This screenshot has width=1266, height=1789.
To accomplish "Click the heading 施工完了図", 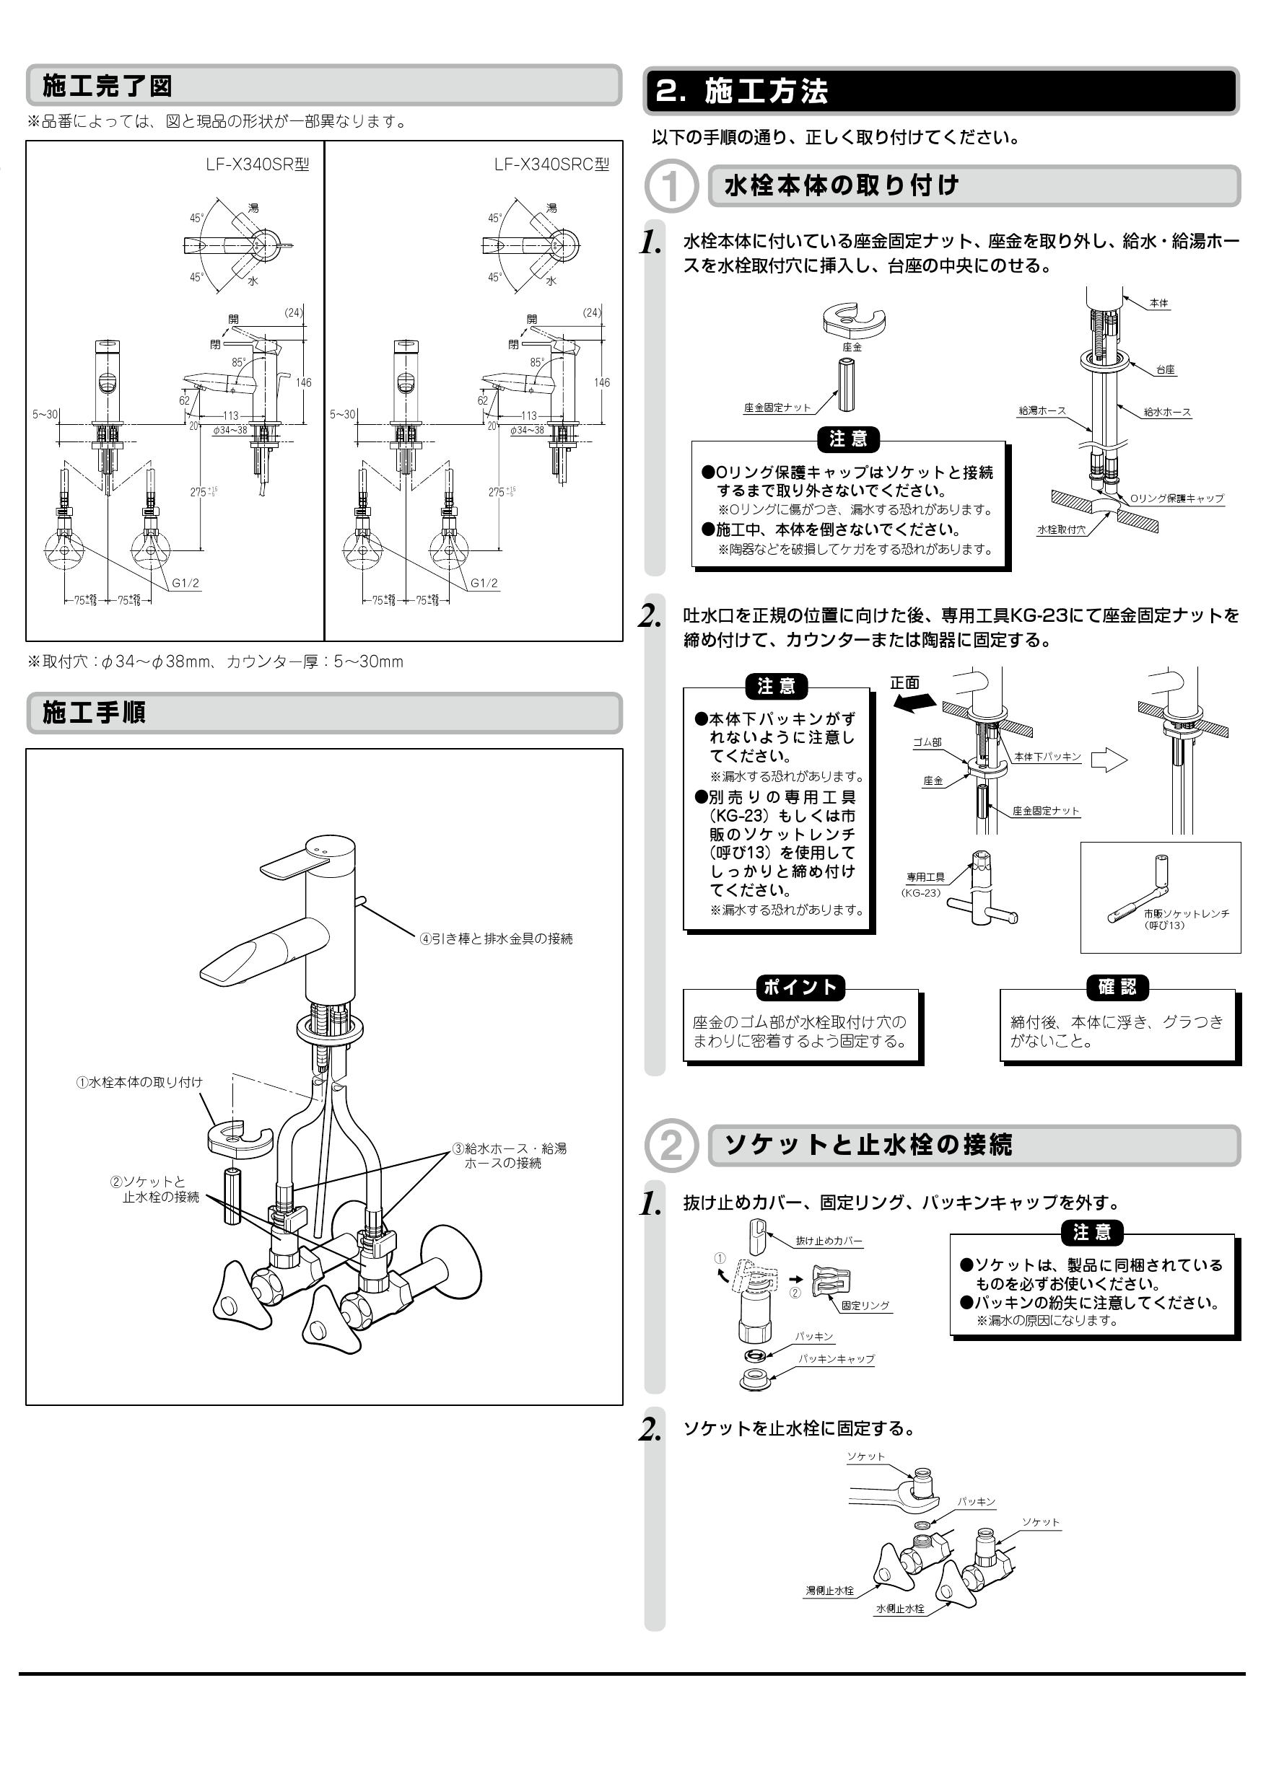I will [x=107, y=86].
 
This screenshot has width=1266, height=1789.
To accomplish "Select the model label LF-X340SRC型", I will [x=551, y=164].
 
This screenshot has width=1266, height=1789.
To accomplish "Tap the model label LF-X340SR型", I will [x=257, y=164].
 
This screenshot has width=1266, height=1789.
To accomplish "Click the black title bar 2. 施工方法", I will [x=940, y=91].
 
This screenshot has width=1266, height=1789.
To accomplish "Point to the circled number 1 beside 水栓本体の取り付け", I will [x=670, y=187].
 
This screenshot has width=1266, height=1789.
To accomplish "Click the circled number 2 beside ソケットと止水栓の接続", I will [x=670, y=1146].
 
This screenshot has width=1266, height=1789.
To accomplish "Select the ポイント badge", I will [x=800, y=988].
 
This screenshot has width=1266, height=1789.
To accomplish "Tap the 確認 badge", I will [x=1117, y=988].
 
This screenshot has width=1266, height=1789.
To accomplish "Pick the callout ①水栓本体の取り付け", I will [x=139, y=1082].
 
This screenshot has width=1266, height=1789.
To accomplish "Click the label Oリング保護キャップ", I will [x=1176, y=498].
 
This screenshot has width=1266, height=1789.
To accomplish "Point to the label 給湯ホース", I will [x=1042, y=410].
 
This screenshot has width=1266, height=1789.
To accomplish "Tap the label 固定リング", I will [x=865, y=1305].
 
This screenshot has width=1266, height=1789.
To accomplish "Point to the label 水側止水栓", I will [x=899, y=1609].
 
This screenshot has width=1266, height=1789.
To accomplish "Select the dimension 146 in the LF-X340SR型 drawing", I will [x=303, y=382].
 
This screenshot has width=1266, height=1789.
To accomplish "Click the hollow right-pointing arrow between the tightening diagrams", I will [x=1108, y=760].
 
